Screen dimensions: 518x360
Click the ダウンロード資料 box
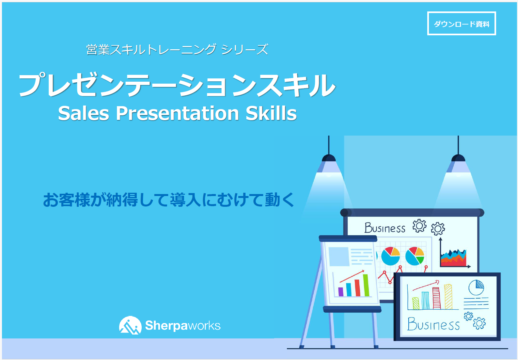coord(461,24)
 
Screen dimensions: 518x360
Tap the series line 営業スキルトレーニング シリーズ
coord(177,49)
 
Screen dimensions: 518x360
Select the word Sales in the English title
coord(84,113)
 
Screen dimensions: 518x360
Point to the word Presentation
coord(177,113)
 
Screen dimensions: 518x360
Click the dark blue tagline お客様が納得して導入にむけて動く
coord(168,200)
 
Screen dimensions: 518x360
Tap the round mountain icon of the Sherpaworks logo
coord(130,325)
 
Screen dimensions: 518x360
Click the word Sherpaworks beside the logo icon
coord(183,325)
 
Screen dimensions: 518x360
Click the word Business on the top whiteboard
coord(385,228)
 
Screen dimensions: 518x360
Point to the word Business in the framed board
coord(433,324)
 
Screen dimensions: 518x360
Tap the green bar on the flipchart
coord(366,285)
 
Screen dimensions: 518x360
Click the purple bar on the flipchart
coord(341,292)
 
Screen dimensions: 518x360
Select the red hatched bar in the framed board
coord(437,298)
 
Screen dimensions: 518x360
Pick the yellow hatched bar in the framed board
coord(448,297)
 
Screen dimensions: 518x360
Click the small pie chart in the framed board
coord(476,287)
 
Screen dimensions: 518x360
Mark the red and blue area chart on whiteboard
coord(453,258)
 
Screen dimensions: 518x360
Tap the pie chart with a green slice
coord(415,256)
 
